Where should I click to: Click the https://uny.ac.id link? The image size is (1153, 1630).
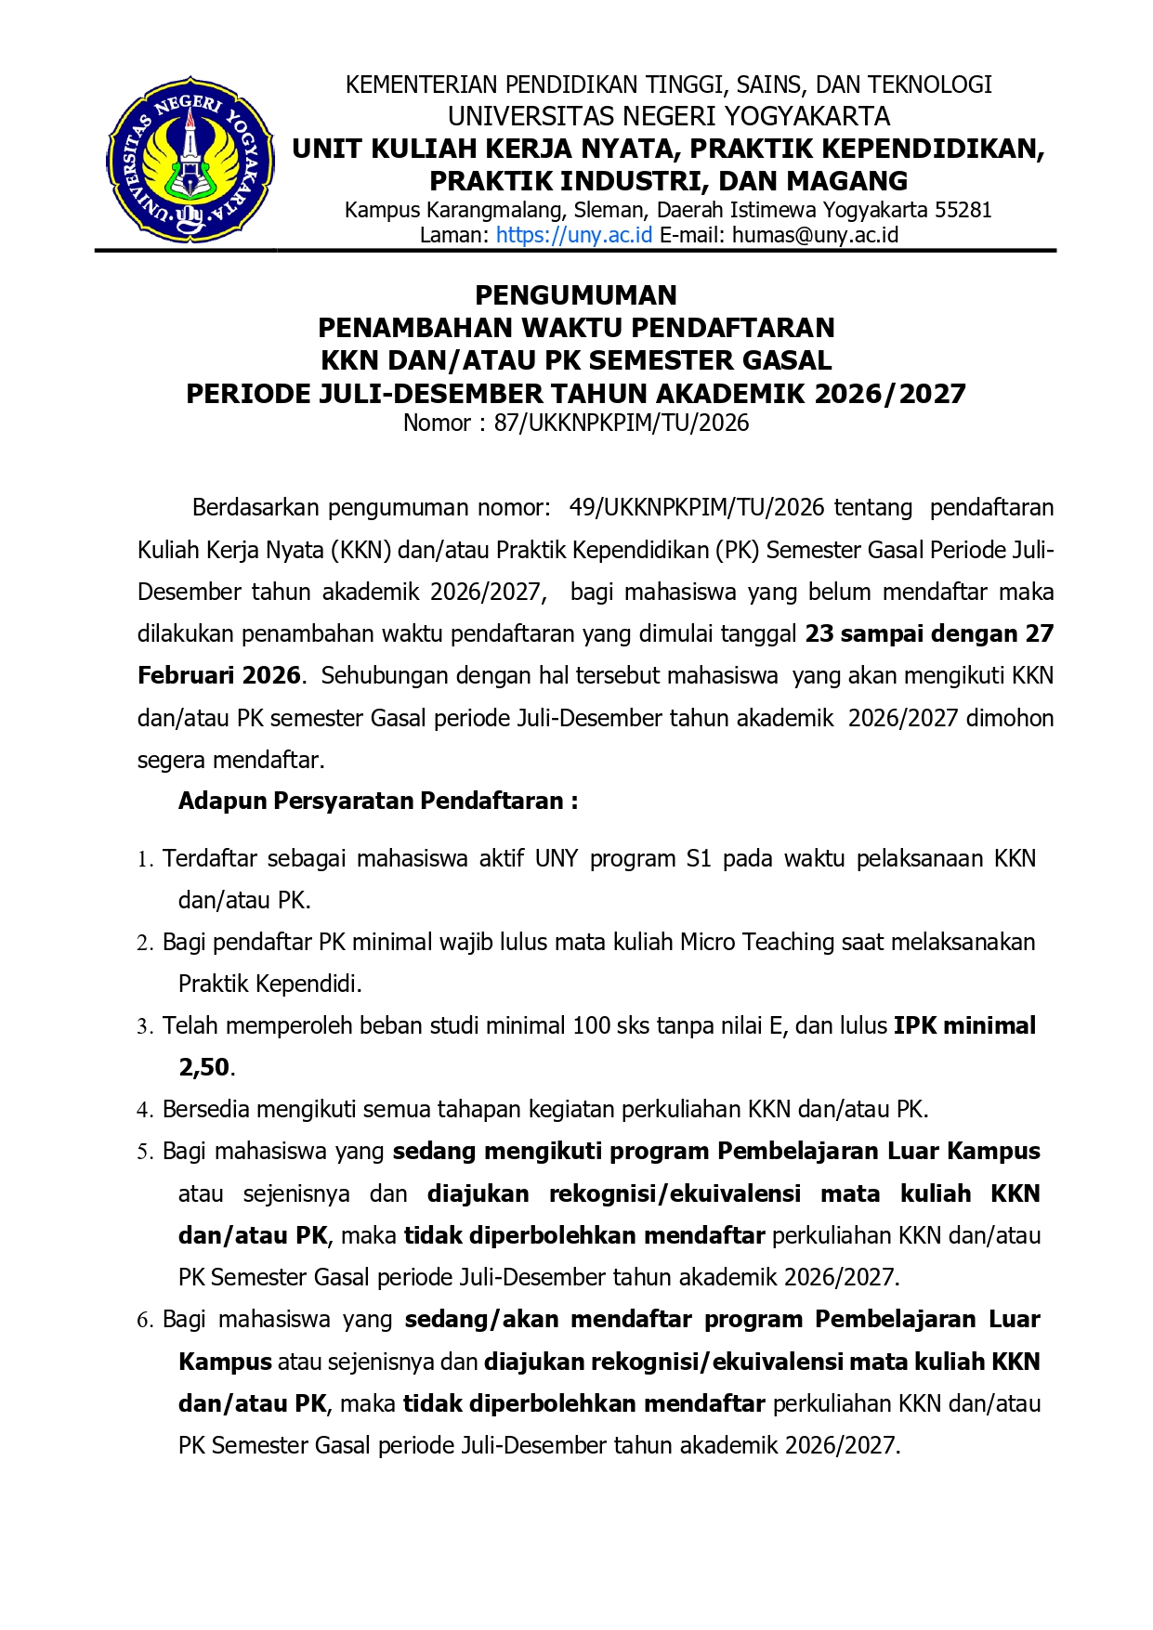(x=573, y=235)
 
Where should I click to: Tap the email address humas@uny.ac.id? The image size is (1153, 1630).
(x=815, y=235)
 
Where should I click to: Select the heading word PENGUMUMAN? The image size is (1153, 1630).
(x=576, y=295)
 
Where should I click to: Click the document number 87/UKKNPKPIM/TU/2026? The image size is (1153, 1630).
(x=622, y=424)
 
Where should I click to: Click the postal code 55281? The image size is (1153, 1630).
(x=963, y=210)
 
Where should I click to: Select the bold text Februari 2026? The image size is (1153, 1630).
(x=219, y=675)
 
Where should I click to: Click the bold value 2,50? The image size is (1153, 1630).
(x=203, y=1067)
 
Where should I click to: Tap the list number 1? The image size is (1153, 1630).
(x=144, y=859)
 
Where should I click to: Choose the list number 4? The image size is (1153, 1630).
(x=144, y=1110)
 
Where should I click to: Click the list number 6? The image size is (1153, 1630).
(x=144, y=1320)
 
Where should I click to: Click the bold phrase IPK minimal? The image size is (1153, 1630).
(x=964, y=1025)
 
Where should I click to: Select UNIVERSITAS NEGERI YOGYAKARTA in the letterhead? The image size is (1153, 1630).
(x=669, y=116)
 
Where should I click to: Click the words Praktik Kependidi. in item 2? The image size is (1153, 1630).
(x=269, y=984)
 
